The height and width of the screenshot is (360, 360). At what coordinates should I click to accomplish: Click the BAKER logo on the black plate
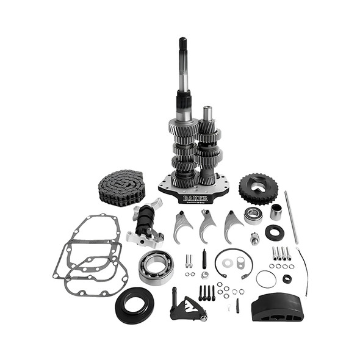click(195, 198)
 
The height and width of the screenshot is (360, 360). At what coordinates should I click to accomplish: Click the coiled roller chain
click(121, 187)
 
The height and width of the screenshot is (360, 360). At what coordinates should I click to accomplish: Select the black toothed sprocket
click(259, 188)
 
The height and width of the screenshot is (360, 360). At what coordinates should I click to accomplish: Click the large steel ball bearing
click(156, 266)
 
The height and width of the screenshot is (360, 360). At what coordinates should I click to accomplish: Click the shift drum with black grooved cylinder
click(145, 223)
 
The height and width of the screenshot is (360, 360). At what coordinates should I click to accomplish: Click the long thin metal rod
click(291, 217)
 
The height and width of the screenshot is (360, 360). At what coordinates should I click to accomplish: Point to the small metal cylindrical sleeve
click(276, 211)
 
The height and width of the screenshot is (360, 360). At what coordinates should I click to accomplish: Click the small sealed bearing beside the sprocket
click(253, 215)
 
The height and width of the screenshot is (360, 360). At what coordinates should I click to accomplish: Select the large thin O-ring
click(265, 279)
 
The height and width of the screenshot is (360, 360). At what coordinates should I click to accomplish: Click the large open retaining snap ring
click(233, 263)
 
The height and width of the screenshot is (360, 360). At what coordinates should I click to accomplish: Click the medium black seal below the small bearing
click(274, 232)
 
